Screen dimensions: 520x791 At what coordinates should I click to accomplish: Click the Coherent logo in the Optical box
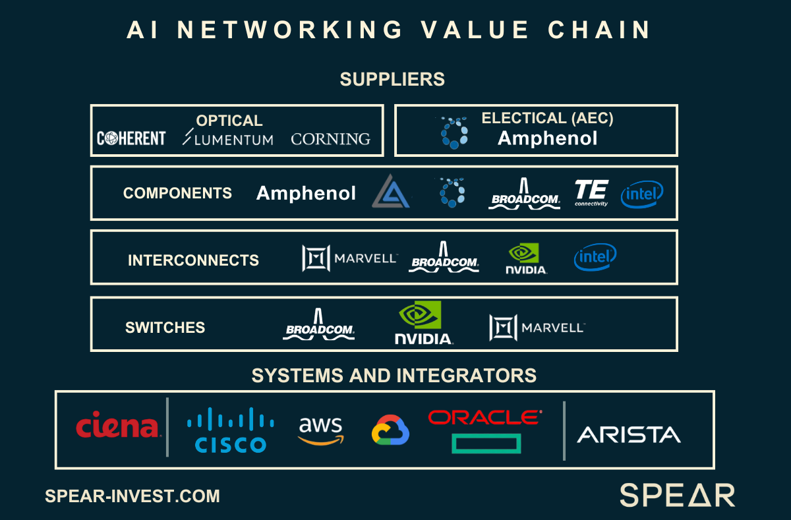(131, 138)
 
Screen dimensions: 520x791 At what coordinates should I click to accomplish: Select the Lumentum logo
(228, 138)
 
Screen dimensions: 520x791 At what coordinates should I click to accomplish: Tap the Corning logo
(330, 139)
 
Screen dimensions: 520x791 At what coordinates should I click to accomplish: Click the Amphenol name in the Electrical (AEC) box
(547, 138)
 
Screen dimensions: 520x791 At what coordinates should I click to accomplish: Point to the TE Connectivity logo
(591, 192)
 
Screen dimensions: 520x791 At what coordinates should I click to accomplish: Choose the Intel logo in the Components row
(641, 194)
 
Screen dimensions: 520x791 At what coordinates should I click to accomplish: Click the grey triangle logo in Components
(392, 192)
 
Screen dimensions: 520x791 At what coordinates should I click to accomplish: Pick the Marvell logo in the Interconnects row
(350, 258)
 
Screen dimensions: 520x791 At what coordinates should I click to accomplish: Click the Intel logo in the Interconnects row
(595, 257)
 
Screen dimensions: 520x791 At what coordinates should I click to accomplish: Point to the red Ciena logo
(118, 427)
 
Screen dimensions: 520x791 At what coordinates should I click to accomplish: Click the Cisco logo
(231, 430)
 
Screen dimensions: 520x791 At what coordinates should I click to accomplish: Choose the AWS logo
(321, 430)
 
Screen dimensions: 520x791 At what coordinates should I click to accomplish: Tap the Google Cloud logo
(391, 430)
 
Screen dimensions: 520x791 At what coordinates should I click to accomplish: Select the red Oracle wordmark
(484, 417)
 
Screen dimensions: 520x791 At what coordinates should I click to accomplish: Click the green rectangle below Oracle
(486, 443)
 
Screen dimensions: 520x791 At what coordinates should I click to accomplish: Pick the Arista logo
(629, 434)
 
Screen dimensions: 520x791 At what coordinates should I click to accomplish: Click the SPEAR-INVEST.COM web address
(132, 496)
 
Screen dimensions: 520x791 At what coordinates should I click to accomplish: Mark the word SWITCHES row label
(165, 328)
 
